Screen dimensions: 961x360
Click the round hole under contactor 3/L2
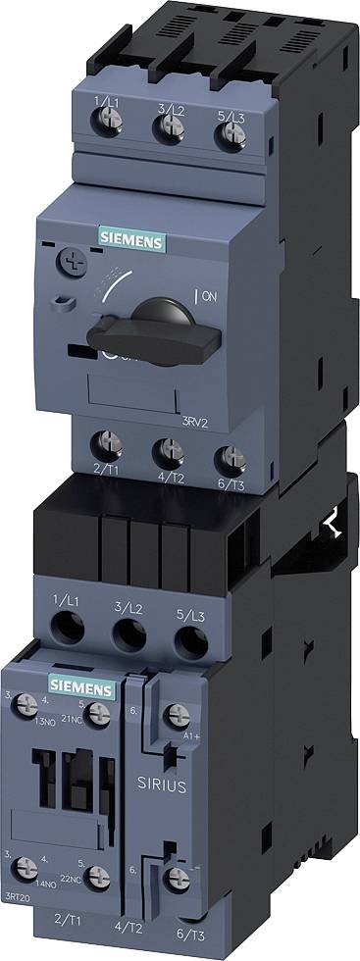point(128,635)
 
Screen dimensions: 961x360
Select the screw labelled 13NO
point(29,704)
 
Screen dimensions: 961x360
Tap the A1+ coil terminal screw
point(175,716)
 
